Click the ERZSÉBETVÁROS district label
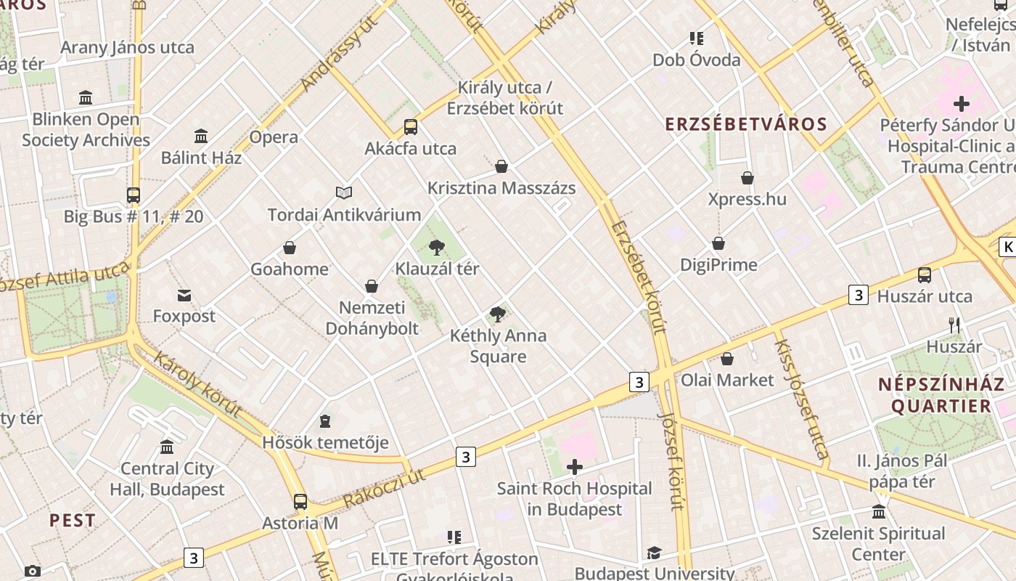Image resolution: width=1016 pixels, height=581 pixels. coord(746,124)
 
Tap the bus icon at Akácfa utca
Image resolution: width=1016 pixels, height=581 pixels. coord(411,127)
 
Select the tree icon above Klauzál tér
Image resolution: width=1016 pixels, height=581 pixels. coord(436,248)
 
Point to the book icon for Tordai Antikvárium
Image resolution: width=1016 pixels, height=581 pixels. coord(344,192)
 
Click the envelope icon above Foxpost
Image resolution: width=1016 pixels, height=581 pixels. coord(184,295)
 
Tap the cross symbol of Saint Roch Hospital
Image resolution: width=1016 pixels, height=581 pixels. coord(575,467)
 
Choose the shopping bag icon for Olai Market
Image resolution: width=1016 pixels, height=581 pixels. coord(727,359)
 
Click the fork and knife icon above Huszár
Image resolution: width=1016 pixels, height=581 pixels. coord(954,325)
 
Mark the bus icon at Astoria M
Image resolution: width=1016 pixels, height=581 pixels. coord(300,502)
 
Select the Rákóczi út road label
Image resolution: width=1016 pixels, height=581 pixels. coord(384,488)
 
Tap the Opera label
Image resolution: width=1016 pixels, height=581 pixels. coord(274,137)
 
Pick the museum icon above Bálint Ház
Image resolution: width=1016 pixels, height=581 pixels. coord(201,136)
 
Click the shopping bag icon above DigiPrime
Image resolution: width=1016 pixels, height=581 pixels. coord(718,243)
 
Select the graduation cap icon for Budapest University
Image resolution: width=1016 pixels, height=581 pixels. coord(654,553)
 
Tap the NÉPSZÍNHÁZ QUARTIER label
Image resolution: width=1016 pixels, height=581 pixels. coord(941,395)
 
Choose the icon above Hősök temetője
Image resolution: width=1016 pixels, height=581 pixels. coord(325,421)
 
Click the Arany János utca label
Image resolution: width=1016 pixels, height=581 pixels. coord(128,48)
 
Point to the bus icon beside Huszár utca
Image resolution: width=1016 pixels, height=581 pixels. coord(925,275)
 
